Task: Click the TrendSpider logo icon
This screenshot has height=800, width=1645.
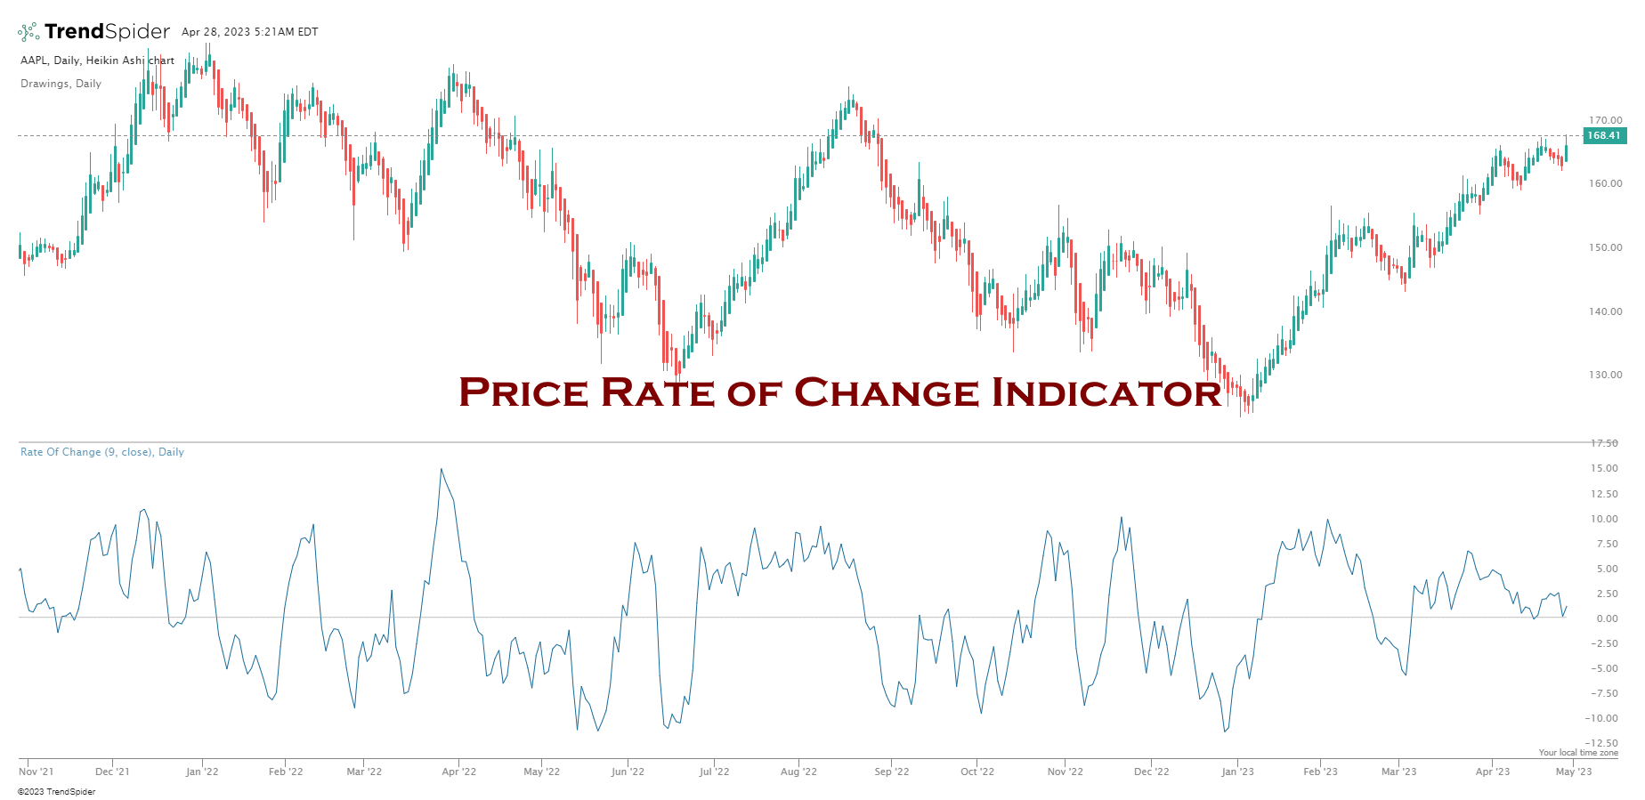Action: click(x=28, y=32)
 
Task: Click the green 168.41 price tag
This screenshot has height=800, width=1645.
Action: click(x=1604, y=135)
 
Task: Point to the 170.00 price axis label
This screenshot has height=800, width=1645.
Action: click(x=1606, y=120)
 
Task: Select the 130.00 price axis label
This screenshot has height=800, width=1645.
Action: click(x=1606, y=375)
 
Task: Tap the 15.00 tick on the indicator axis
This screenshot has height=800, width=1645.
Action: click(x=1606, y=468)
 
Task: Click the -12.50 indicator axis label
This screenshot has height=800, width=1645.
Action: click(x=1604, y=743)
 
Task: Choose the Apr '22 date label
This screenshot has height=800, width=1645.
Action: click(x=458, y=772)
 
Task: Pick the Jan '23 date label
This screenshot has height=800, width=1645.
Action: click(x=1237, y=772)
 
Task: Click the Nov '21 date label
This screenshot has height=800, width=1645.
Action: click(x=36, y=772)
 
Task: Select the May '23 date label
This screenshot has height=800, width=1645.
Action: click(x=1573, y=772)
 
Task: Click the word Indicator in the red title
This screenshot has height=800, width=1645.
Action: click(x=1106, y=392)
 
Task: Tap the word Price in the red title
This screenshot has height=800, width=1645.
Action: click(x=523, y=392)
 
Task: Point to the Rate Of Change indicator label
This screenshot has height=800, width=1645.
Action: click(x=101, y=452)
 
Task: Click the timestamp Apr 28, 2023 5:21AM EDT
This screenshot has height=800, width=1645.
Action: click(x=249, y=32)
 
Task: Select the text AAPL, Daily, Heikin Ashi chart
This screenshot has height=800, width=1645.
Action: click(x=97, y=61)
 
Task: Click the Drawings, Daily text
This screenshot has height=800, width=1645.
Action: click(x=61, y=84)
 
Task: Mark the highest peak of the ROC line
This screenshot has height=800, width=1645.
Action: click(x=441, y=469)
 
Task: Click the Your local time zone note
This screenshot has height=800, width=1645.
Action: click(x=1578, y=753)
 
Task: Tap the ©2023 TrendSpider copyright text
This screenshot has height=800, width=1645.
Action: click(x=56, y=791)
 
